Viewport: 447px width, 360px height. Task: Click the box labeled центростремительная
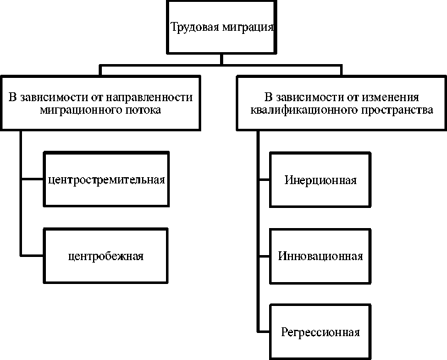click(x=106, y=180)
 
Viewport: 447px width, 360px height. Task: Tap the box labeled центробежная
click(x=106, y=256)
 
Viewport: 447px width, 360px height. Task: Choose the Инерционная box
click(x=320, y=181)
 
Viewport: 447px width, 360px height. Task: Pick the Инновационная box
click(x=320, y=256)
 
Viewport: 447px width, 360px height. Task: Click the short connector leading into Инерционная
click(x=263, y=181)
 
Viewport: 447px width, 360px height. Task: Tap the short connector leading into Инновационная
click(x=263, y=256)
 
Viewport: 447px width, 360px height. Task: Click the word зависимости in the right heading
click(x=304, y=97)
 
